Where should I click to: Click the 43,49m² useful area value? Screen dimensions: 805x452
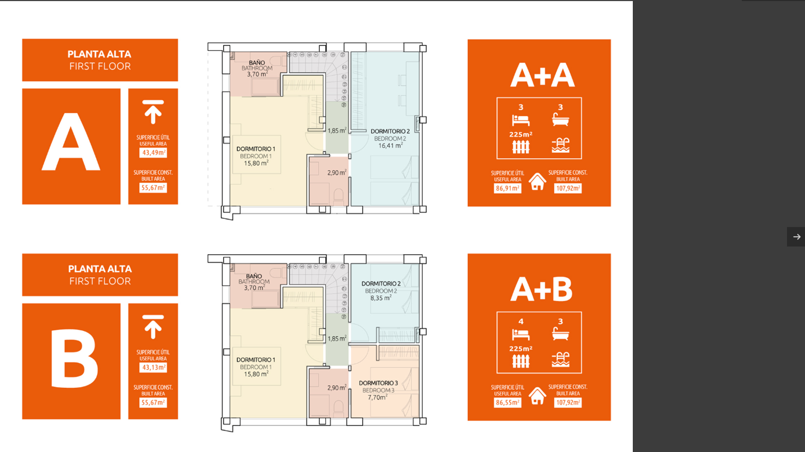[x=153, y=153]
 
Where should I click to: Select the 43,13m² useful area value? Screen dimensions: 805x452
[x=153, y=368]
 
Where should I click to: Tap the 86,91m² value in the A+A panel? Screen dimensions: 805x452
[x=508, y=188]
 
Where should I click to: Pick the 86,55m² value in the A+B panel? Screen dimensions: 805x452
[x=508, y=402]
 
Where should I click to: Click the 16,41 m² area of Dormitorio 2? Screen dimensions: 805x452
[x=390, y=145]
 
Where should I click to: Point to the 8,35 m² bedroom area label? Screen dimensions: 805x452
[x=381, y=298]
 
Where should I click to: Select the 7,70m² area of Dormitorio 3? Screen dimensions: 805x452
[x=377, y=397]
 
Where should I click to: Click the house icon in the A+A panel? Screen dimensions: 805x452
[x=537, y=182]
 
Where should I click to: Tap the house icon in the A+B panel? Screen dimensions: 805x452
[x=537, y=396]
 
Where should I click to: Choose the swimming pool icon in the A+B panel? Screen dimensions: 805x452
[x=560, y=360]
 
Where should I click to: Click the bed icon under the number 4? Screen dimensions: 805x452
[x=521, y=335]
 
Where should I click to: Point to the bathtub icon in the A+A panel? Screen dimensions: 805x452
[x=560, y=120]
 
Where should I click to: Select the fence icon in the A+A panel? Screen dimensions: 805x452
[x=521, y=147]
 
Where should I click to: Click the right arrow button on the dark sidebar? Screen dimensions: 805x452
[x=797, y=237]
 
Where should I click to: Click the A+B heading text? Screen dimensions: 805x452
[x=541, y=289]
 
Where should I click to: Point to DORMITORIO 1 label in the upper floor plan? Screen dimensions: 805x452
[x=256, y=149]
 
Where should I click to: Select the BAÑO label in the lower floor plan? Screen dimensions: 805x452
[x=254, y=277]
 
